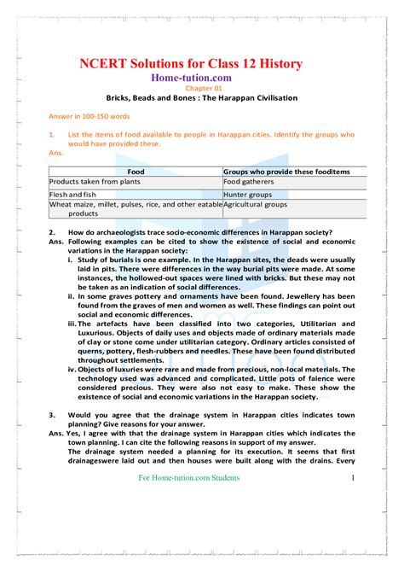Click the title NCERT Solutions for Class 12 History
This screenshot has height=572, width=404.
click(202, 65)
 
